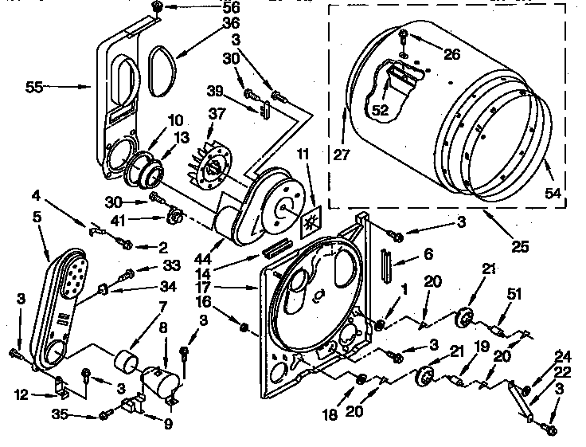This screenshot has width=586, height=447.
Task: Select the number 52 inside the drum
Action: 380,111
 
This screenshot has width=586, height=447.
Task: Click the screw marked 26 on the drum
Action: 403,36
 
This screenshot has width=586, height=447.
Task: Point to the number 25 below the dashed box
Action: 520,247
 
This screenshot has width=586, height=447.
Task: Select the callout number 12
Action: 21,394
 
